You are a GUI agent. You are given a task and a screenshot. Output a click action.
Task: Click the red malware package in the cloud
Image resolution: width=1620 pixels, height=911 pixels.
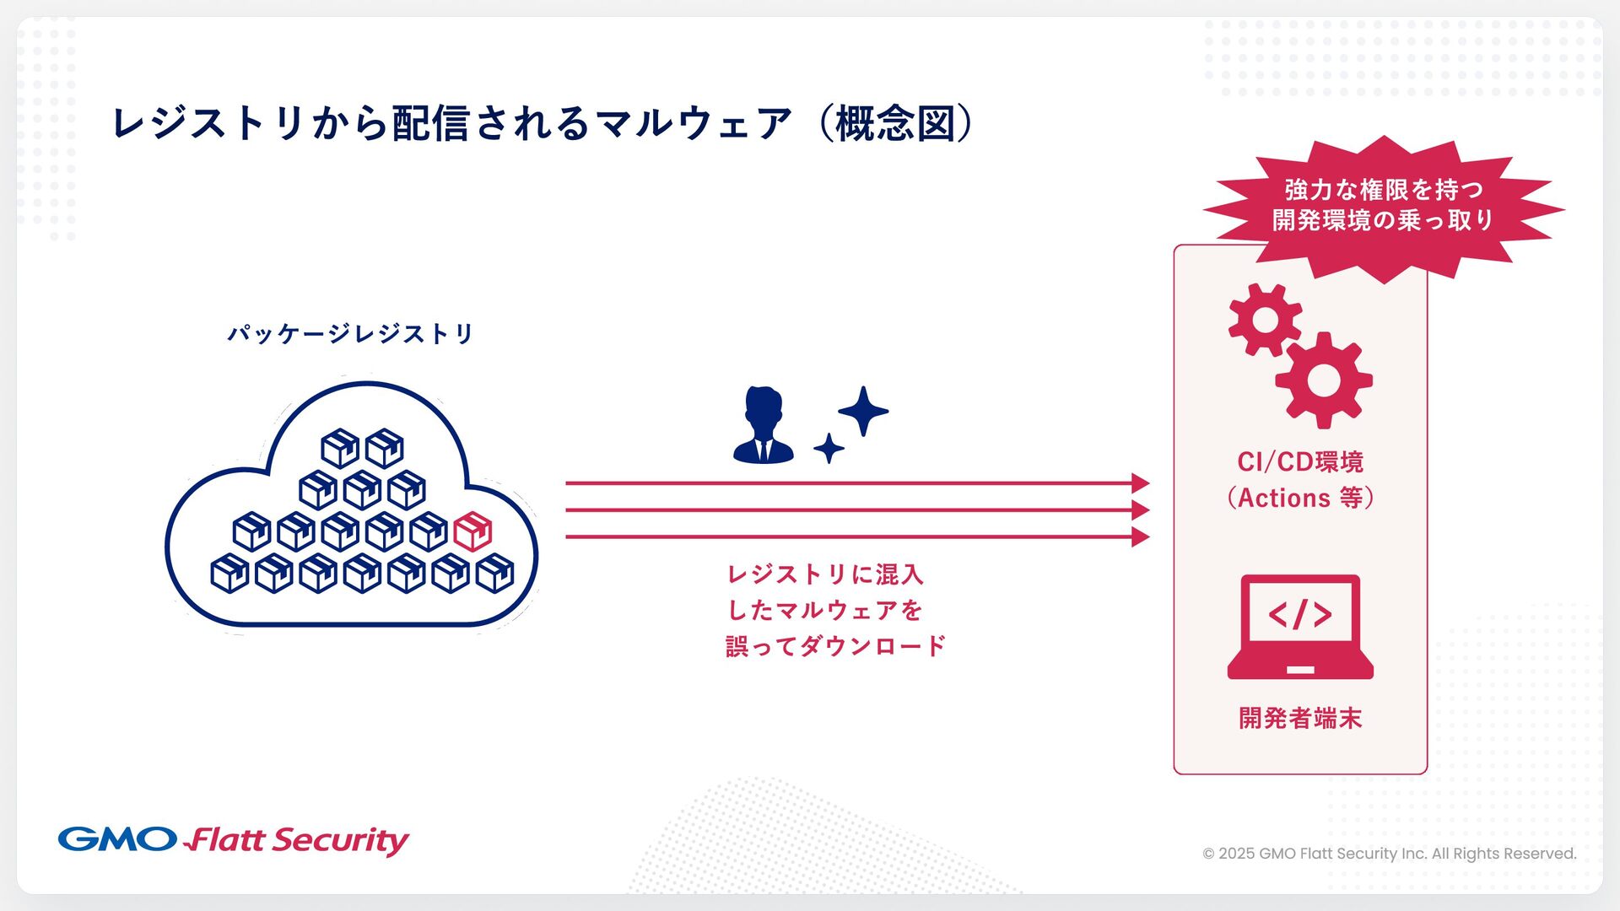[472, 531]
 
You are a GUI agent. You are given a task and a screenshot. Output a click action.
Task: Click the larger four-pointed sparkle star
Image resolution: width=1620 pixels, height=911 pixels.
[863, 411]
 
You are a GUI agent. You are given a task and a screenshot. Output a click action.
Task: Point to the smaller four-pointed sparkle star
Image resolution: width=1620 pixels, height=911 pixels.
[829, 448]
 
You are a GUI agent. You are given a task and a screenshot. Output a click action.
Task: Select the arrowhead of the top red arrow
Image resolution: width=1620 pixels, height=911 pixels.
[1140, 483]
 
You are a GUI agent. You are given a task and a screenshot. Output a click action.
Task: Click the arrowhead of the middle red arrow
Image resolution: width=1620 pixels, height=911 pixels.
[1140, 510]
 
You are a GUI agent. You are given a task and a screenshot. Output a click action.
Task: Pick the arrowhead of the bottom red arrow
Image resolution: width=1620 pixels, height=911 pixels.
[1140, 536]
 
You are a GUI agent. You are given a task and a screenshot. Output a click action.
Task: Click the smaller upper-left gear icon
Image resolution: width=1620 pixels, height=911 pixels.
[1264, 320]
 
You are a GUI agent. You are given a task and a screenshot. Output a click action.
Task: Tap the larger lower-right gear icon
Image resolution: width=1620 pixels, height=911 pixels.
[1323, 380]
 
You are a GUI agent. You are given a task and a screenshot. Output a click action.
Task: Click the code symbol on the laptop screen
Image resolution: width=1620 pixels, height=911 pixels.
[1300, 614]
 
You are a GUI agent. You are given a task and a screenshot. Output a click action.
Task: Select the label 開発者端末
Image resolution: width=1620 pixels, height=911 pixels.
[1300, 718]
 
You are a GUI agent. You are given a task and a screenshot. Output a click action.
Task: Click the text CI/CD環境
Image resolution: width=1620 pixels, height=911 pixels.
[1300, 462]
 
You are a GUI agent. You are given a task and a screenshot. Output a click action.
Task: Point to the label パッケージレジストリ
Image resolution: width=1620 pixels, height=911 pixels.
[351, 334]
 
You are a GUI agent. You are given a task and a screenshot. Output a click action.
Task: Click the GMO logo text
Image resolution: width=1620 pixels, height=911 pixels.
[117, 839]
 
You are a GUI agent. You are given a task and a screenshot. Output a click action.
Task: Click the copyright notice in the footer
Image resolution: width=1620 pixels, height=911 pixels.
[1389, 854]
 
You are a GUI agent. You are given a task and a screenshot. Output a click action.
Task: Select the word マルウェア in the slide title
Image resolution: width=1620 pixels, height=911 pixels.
[694, 123]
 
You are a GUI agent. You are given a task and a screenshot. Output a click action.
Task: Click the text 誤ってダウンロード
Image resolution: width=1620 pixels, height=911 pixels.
[835, 646]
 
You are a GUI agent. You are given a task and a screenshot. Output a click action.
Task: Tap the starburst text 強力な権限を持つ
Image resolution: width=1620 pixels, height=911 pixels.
[1384, 189]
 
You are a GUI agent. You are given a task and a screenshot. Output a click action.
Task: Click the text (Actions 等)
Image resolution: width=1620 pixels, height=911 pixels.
[1300, 498]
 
